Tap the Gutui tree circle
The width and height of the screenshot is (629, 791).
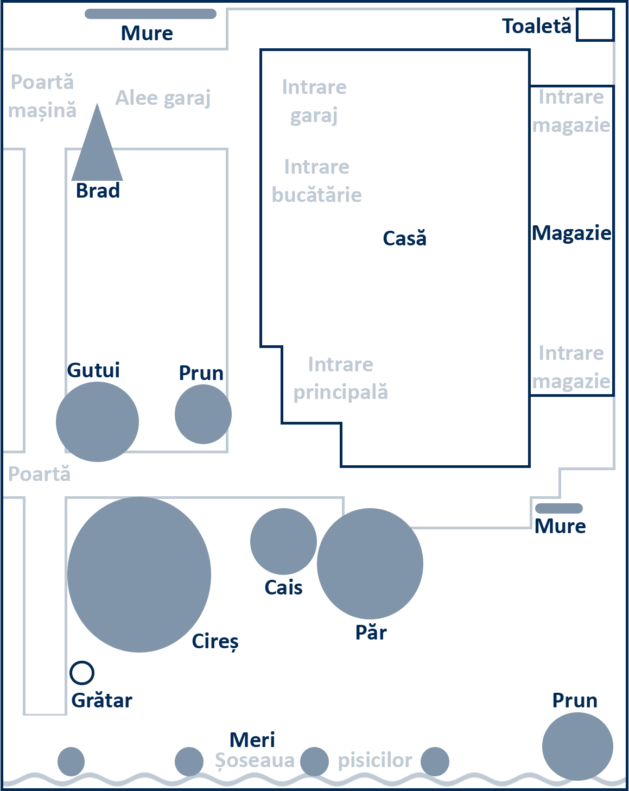click(x=97, y=422)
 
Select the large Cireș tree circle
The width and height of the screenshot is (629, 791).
click(x=139, y=574)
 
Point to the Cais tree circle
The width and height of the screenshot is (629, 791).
click(x=283, y=541)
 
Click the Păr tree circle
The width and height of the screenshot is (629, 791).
click(x=370, y=564)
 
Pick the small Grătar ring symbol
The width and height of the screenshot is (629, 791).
click(x=82, y=673)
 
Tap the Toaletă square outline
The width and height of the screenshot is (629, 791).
click(x=595, y=25)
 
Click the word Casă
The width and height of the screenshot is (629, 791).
click(x=404, y=238)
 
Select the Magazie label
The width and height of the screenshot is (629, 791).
click(x=571, y=233)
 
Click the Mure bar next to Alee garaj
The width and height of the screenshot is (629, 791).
click(x=150, y=14)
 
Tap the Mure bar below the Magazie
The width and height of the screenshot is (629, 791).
click(x=558, y=509)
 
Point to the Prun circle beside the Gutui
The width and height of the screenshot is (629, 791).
click(x=203, y=414)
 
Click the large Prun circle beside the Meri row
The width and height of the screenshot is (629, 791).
click(x=577, y=746)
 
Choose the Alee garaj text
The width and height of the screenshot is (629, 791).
click(x=163, y=98)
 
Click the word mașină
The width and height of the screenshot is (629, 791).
click(x=42, y=111)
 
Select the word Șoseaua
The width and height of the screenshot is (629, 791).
click(x=255, y=761)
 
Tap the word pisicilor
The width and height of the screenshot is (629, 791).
click(x=374, y=761)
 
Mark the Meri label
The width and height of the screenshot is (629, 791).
click(x=252, y=740)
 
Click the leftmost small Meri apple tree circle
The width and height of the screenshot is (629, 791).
click(x=71, y=761)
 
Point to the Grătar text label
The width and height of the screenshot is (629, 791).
click(x=101, y=701)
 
